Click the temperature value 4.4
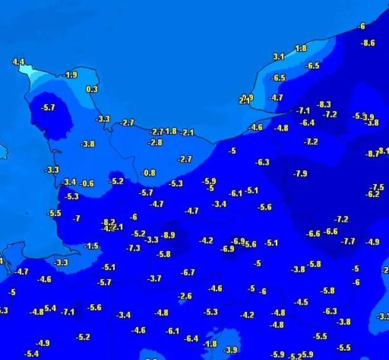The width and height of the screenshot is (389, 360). point(18,62)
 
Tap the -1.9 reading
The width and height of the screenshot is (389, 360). point(71,75)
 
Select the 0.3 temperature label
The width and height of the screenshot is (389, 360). point(92,89)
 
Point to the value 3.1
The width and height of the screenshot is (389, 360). point(278,57)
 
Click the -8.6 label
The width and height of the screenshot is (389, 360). point(368,43)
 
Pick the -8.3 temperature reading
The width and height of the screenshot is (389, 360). point(324,105)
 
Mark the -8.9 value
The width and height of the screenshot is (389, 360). point(168,235)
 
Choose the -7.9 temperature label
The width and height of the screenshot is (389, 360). point(300,174)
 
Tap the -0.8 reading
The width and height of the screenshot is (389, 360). point(148,173)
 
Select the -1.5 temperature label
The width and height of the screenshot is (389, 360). point(91,246)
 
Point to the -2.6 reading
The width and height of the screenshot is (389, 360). point(184,296)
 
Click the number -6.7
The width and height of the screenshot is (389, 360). point(188,272)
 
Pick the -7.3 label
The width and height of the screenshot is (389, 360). point(133,248)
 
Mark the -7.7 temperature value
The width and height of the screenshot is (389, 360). point(348,241)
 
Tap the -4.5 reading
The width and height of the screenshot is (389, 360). point(301,302)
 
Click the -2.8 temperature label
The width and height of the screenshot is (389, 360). point(156,142)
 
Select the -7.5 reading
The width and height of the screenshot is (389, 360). point(377,187)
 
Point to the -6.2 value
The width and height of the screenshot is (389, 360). point(373,195)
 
